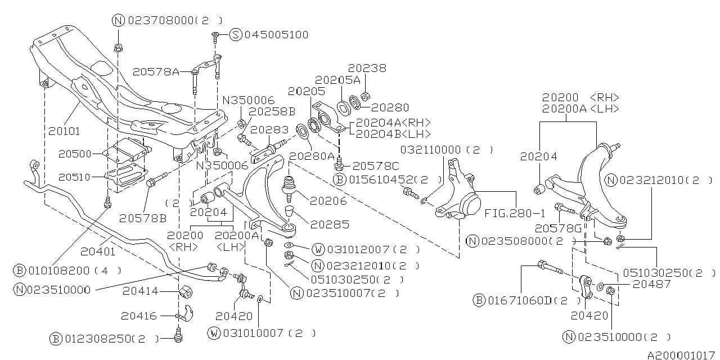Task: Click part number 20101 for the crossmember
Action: [x=64, y=131]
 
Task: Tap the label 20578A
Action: [x=156, y=71]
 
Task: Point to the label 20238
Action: [x=367, y=68]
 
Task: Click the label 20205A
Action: [x=337, y=80]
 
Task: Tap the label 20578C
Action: [x=375, y=166]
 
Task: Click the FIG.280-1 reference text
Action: [x=515, y=214]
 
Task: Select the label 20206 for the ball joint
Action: [x=328, y=200]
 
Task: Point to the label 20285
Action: [x=330, y=224]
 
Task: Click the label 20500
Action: [x=75, y=154]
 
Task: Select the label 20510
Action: [x=75, y=177]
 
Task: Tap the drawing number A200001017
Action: [x=680, y=355]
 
